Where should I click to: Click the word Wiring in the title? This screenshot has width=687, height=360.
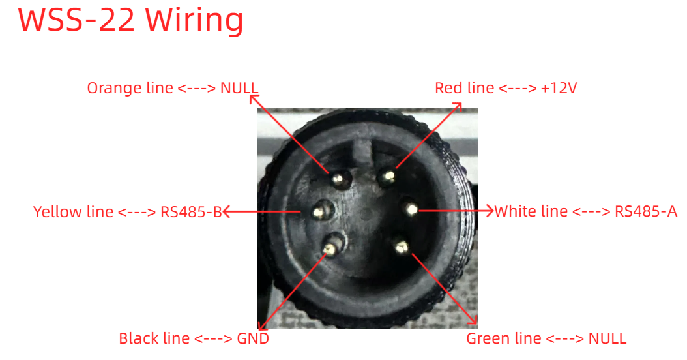[194, 20]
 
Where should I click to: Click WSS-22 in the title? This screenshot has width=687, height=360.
[76, 20]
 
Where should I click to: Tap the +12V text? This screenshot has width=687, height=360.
[559, 88]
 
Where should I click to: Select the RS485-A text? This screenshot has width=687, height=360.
[646, 211]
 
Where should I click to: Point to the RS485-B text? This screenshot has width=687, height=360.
[192, 212]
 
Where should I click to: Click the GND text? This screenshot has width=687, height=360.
[253, 338]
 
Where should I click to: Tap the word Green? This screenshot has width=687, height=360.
[488, 338]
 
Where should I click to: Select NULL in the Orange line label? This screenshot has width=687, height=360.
[239, 88]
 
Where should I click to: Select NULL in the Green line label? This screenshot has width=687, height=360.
[607, 338]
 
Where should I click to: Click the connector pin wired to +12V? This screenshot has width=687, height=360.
[388, 177]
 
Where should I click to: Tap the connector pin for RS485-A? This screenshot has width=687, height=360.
[411, 209]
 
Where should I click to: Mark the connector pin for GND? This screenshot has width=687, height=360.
[331, 248]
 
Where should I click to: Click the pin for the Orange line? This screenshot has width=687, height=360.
[339, 179]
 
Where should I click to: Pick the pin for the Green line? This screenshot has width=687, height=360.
[401, 247]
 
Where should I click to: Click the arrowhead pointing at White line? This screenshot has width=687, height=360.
[488, 211]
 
